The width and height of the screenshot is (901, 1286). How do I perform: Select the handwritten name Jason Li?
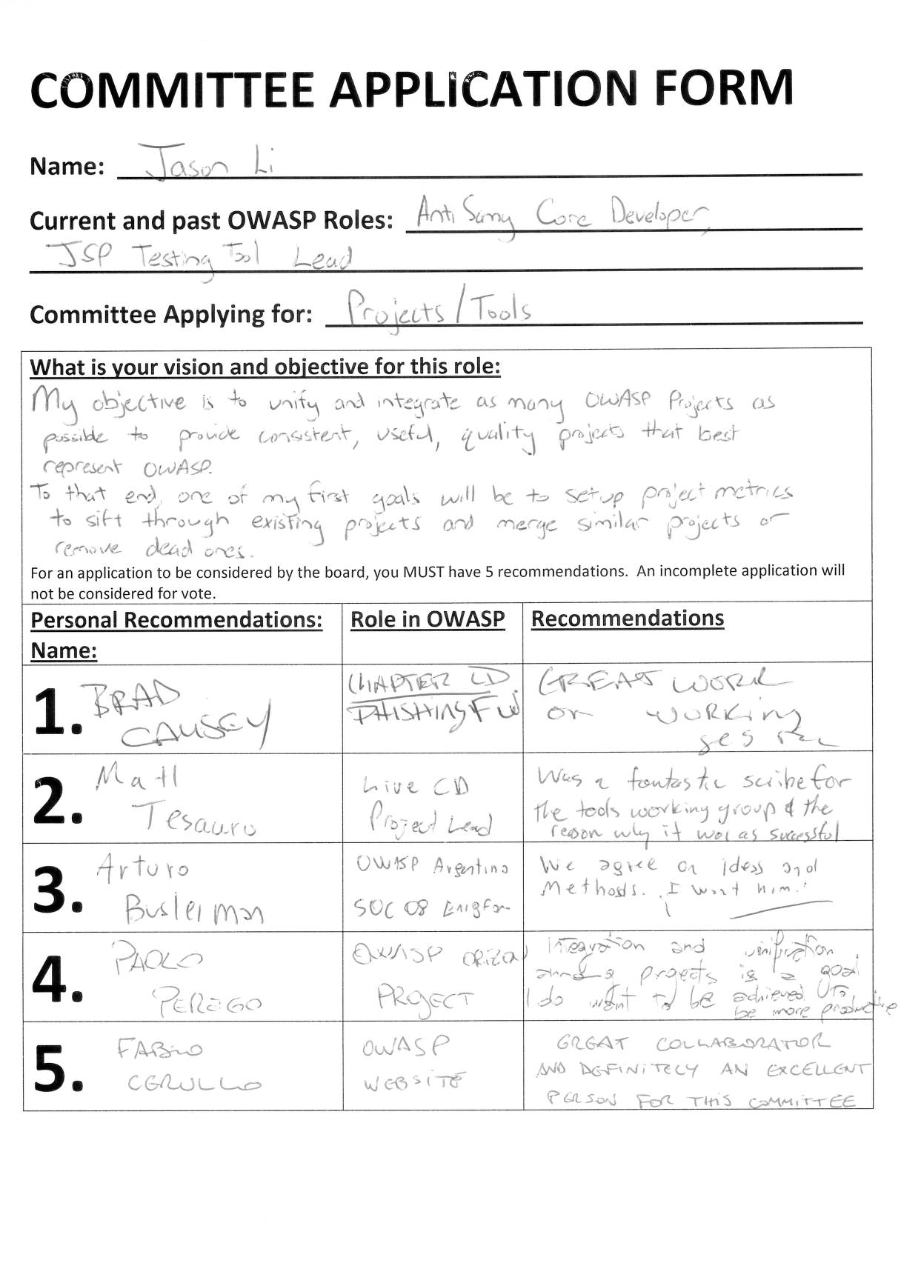[207, 161]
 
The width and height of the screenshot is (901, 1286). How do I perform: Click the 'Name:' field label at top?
[67, 167]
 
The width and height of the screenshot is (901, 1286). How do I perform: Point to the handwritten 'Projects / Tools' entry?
[438, 309]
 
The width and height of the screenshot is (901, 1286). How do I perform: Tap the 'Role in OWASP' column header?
[428, 619]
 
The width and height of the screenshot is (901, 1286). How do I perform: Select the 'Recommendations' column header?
[627, 619]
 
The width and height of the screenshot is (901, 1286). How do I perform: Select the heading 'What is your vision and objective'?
[265, 367]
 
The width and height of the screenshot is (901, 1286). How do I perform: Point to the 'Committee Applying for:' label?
[171, 315]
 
